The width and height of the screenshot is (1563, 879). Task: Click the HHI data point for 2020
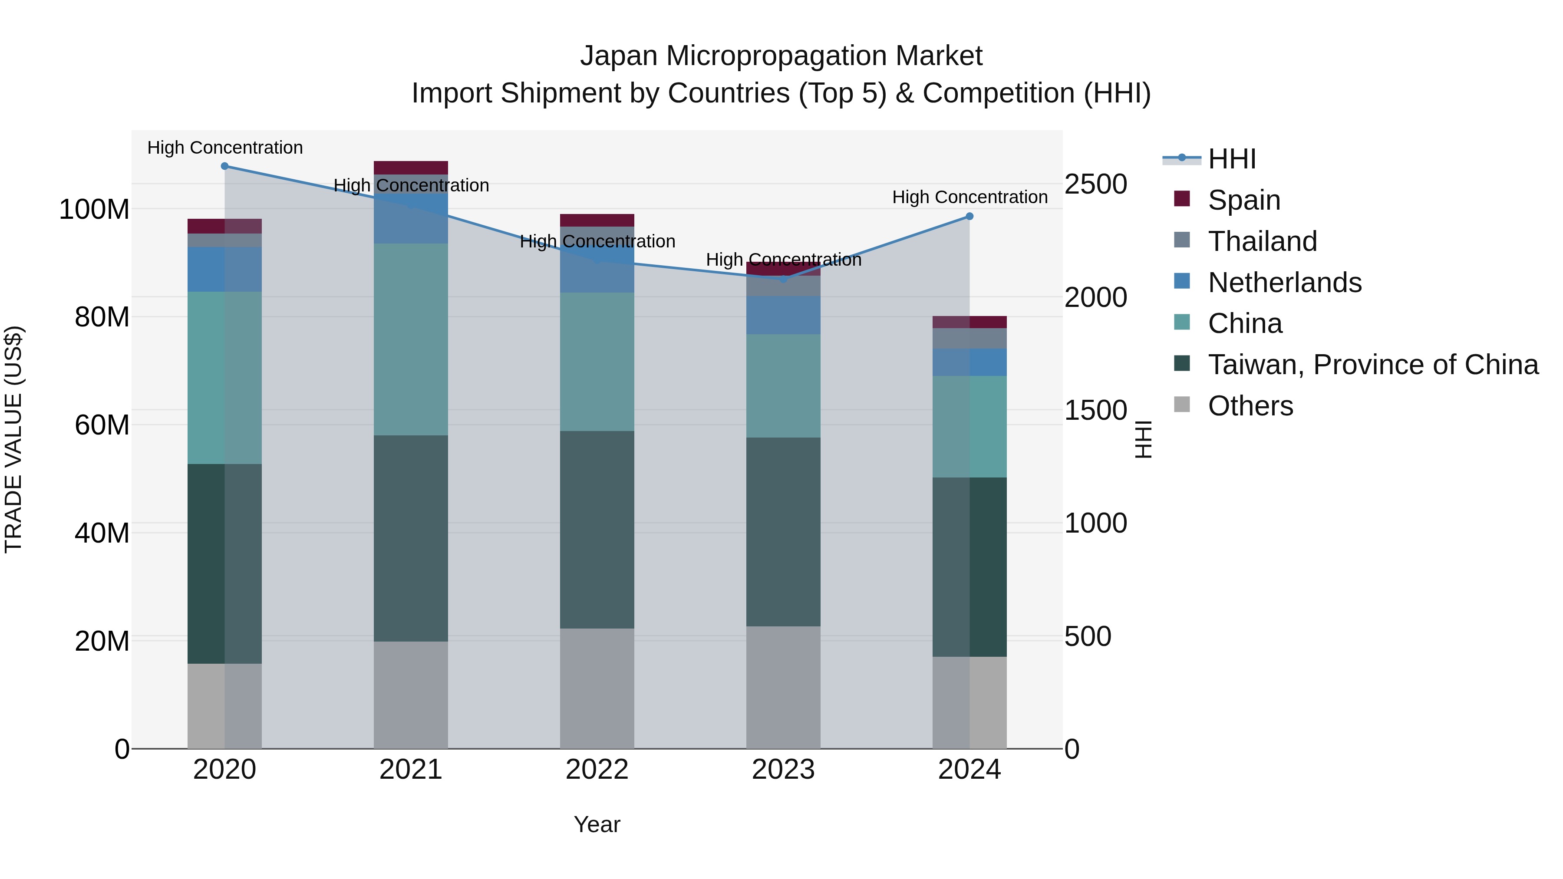click(224, 166)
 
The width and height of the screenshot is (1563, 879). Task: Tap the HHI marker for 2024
click(969, 217)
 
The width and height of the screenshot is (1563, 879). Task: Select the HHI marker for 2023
click(783, 280)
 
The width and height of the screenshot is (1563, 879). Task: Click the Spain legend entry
click(1243, 200)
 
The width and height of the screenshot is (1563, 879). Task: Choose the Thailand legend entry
click(1262, 241)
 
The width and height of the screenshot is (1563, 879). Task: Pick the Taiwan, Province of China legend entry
click(1372, 365)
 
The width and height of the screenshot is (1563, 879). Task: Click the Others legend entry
click(1250, 406)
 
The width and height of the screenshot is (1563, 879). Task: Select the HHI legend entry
click(1231, 159)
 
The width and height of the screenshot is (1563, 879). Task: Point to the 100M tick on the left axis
click(94, 210)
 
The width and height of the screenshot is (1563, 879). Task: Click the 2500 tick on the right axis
click(1096, 184)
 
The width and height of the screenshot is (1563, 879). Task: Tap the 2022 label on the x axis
click(597, 770)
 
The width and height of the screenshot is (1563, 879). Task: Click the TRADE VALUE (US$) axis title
click(13, 439)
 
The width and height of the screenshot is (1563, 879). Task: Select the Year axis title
click(597, 824)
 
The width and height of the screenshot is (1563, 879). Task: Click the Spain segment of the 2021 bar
click(411, 168)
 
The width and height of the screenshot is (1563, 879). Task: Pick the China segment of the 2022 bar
click(597, 362)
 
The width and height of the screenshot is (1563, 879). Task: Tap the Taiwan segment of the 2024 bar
click(969, 567)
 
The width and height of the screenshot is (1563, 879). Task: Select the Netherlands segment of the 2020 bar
click(224, 269)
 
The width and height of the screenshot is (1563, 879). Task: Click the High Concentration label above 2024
click(969, 197)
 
